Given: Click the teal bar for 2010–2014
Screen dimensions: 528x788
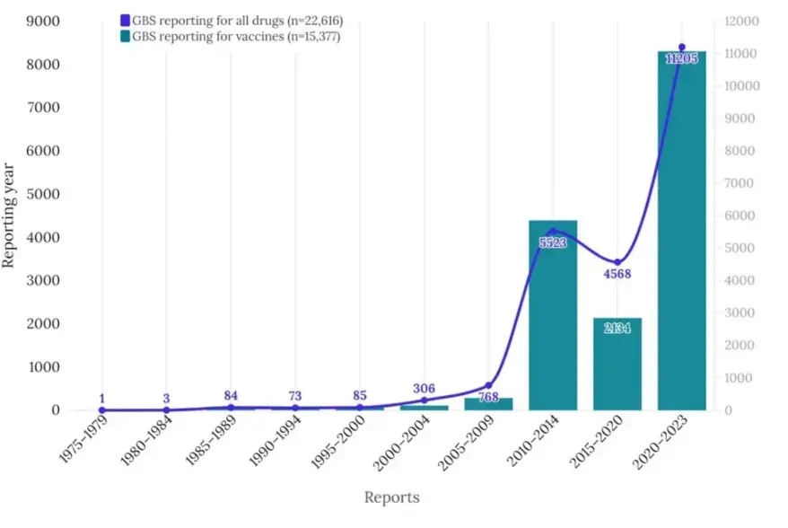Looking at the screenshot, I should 553,314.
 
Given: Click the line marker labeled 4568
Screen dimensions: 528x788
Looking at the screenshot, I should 617,262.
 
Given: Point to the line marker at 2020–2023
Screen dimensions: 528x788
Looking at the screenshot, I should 682,47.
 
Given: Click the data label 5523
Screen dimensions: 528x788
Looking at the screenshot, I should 553,242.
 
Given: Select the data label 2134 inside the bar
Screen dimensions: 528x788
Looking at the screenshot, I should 617,328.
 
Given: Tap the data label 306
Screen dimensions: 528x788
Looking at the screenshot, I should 424,389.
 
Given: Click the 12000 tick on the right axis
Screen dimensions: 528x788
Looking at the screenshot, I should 741,22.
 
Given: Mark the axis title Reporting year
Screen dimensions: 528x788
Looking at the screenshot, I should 9,216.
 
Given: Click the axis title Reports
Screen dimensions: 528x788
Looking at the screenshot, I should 391,497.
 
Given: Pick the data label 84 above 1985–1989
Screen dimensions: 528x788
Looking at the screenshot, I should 231,396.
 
